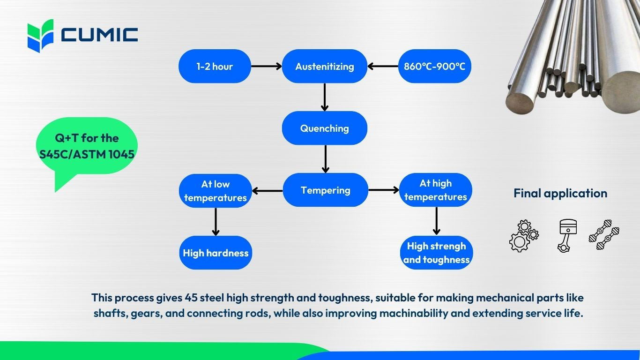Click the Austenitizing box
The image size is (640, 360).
(x=324, y=66)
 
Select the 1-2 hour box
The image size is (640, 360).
(x=215, y=66)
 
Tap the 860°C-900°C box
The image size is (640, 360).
(x=434, y=66)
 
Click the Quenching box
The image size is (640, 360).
(x=324, y=128)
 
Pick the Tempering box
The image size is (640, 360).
(x=325, y=190)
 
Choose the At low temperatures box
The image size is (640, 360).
(x=215, y=190)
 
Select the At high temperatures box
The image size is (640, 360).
(x=435, y=190)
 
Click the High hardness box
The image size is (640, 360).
(x=216, y=253)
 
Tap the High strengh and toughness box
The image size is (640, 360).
(x=436, y=253)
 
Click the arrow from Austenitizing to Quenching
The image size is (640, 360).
(x=325, y=97)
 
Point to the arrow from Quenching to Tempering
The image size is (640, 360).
(x=326, y=159)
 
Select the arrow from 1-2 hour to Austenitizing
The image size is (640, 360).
(x=266, y=66)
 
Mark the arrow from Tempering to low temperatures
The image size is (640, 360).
(x=267, y=190)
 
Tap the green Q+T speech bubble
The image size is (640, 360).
(x=87, y=145)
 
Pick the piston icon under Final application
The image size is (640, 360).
(x=567, y=235)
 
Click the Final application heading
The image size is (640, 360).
(x=560, y=193)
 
